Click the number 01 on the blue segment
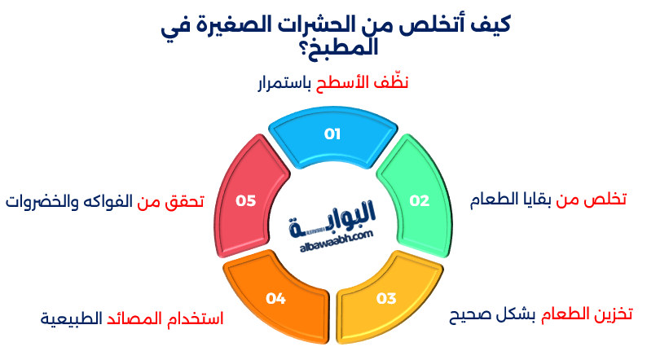332,134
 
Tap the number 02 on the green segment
419,200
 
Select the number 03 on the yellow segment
385,298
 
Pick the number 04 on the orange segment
275,299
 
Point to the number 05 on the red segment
245,200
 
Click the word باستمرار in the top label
283,83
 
